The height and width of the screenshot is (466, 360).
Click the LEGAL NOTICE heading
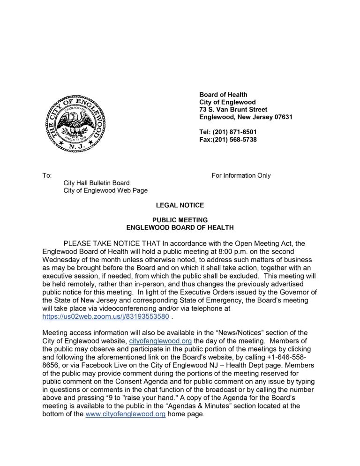pyautogui.click(x=180, y=205)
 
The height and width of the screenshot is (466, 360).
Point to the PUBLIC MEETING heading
pyautogui.click(x=180, y=220)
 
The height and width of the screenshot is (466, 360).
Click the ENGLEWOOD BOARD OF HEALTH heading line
pyautogui.click(x=180, y=227)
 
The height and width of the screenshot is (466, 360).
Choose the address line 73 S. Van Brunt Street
pyautogui.click(x=233, y=110)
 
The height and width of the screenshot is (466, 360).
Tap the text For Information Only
pyautogui.click(x=241, y=176)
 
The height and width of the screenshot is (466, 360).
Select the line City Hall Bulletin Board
pyautogui.click(x=97, y=183)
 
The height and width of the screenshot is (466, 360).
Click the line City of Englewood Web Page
pyautogui.click(x=105, y=190)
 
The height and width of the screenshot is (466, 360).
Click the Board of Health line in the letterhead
pyautogui.click(x=223, y=95)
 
